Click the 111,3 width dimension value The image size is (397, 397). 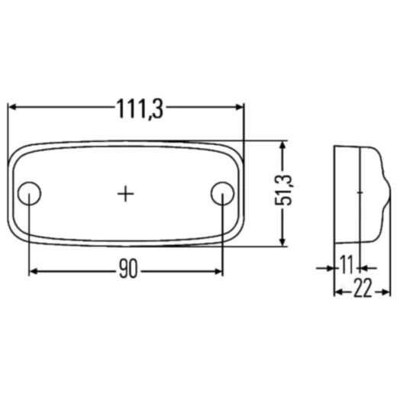click(140, 109)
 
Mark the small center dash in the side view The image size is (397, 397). click(359, 193)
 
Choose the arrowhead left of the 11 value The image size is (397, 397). click(330, 267)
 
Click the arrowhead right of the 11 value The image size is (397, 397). click(364, 267)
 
